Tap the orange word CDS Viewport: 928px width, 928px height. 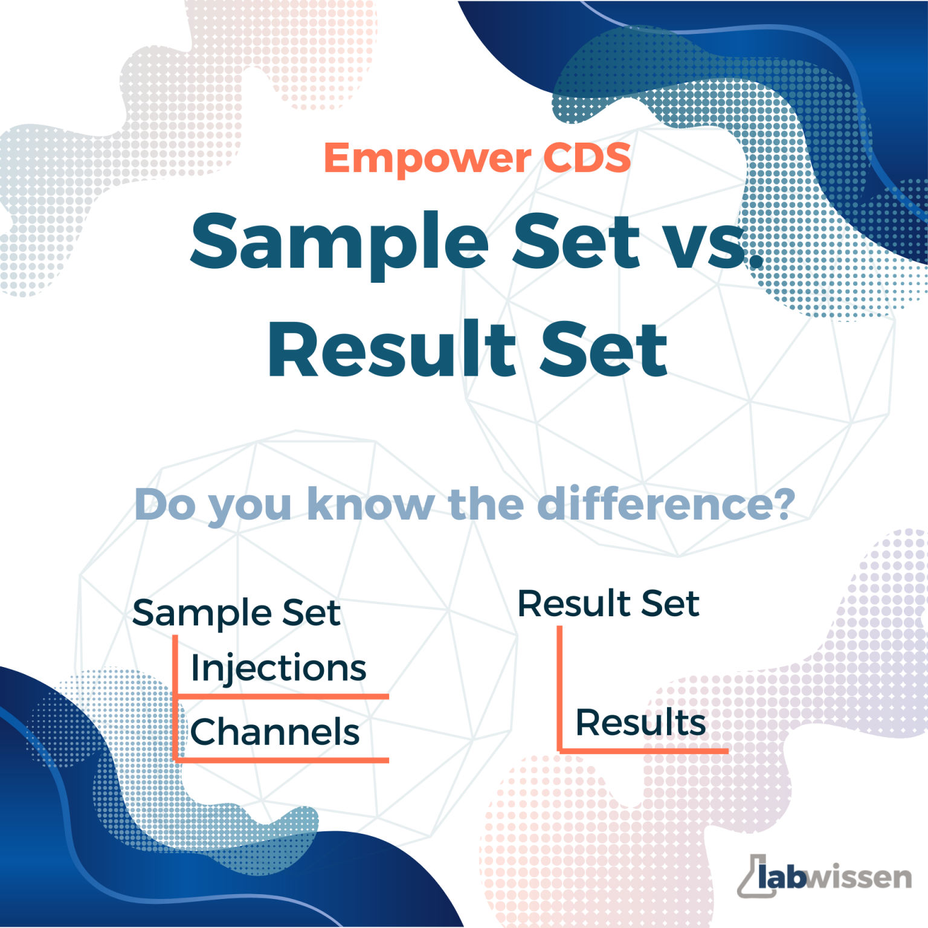point(587,158)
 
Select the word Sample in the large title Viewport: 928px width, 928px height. point(339,242)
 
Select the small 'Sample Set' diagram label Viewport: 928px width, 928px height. point(236,613)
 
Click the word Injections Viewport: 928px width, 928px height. point(279,668)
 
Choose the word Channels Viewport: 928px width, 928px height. point(275,732)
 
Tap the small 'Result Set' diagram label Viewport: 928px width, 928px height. point(608,604)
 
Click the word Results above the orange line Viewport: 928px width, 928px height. point(640,723)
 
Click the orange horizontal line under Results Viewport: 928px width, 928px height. point(644,751)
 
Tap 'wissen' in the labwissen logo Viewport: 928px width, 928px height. point(859,877)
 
